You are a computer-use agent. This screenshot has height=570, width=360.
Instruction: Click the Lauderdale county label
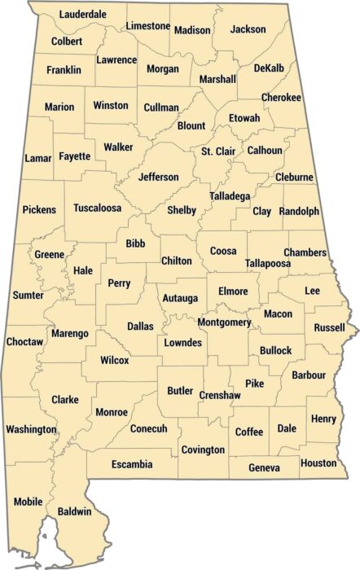(x=83, y=15)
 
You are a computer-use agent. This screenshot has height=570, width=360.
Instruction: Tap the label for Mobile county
(x=28, y=502)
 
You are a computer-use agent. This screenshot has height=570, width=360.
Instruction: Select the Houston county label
(x=318, y=463)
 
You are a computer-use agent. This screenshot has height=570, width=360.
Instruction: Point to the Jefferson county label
(x=159, y=177)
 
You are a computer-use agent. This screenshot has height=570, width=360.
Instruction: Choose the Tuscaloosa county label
(x=97, y=208)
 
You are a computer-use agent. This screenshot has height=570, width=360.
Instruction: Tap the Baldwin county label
(x=74, y=511)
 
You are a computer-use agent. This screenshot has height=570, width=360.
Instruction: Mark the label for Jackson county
(x=248, y=29)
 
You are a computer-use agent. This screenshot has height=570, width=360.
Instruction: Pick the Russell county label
(x=330, y=328)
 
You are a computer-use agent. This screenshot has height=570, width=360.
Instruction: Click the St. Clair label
(x=217, y=151)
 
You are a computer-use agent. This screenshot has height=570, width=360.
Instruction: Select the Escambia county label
(x=131, y=465)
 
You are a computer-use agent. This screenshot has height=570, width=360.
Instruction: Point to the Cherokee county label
(x=282, y=98)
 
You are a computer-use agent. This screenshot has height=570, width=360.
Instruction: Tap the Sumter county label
(x=29, y=295)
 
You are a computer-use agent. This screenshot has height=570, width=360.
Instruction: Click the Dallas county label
(x=140, y=327)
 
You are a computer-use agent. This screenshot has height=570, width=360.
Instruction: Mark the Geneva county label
(x=263, y=468)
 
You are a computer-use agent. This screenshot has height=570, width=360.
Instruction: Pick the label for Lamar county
(x=37, y=157)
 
